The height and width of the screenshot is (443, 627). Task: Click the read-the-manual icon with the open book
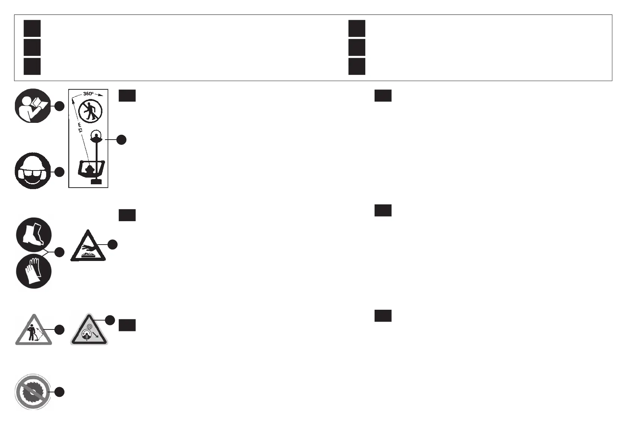tap(32, 106)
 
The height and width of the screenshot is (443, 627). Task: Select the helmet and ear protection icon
tap(32, 171)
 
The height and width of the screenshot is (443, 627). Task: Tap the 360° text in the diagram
tap(88, 94)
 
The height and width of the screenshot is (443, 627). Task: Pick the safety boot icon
tap(34, 235)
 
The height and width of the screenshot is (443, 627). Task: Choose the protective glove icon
tap(34, 271)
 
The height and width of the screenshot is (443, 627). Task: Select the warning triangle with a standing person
tap(34, 331)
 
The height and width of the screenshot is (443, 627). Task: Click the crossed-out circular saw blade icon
tap(32, 392)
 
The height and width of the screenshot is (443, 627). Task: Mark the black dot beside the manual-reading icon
tap(59, 106)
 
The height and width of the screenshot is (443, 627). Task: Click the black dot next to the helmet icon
tap(59, 172)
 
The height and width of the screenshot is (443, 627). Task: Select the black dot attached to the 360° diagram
tap(121, 140)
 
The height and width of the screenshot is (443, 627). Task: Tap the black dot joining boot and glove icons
tap(59, 252)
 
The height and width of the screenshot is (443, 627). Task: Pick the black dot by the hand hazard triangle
tap(112, 245)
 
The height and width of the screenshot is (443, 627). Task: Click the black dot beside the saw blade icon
tap(60, 392)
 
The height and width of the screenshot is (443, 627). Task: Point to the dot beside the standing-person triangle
tap(60, 329)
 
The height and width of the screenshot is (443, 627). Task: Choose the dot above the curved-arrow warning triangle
tap(110, 320)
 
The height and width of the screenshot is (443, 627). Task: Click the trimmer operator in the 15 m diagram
tap(90, 169)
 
